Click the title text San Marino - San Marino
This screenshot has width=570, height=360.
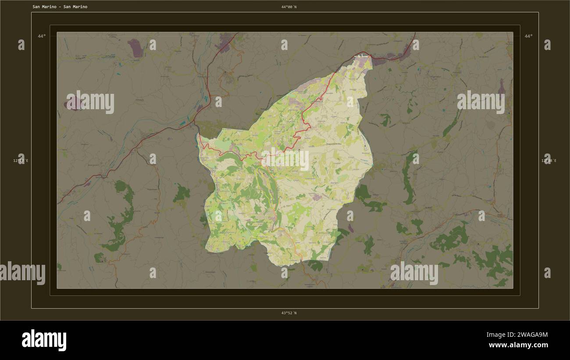60,7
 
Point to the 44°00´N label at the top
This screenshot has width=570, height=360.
289,7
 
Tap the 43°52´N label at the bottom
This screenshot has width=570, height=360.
289,313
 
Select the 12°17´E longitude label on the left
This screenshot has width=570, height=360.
21,161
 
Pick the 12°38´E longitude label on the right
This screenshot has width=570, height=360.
549,161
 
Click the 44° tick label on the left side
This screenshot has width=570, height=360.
41,36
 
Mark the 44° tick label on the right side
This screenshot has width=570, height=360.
528,36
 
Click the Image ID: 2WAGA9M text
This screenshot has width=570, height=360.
517,335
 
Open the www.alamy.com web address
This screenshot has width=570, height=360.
518,346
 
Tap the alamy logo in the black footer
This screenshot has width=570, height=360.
44,340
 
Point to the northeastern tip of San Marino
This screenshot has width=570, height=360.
370,56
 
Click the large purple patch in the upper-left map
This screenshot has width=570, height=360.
135,47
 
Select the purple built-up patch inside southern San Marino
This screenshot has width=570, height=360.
317,198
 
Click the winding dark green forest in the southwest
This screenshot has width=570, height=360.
121,219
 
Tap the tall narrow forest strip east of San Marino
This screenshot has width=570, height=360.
408,178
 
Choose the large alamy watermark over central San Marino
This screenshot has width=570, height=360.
285,159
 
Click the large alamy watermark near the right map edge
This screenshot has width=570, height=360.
481,102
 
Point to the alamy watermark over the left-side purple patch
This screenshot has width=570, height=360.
90,102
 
